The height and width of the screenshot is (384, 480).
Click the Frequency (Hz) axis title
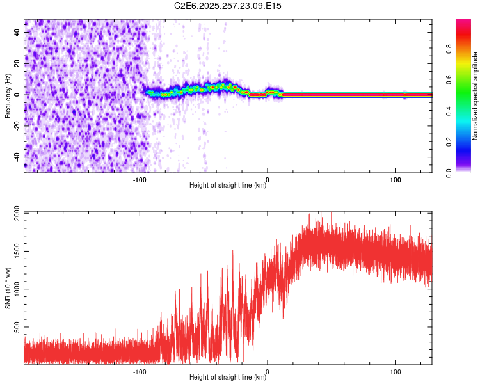[8, 96]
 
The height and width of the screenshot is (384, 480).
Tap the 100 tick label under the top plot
[396, 180]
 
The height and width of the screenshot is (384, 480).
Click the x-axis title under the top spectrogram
[228, 186]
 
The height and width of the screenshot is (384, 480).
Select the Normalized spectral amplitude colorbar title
[476, 96]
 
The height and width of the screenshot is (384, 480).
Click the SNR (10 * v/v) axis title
[8, 288]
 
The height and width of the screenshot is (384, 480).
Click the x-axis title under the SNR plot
[228, 378]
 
